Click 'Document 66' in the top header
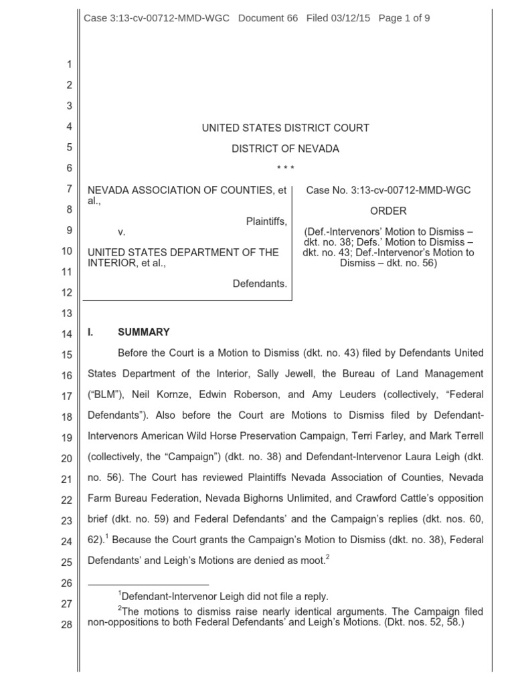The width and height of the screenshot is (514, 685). point(266,18)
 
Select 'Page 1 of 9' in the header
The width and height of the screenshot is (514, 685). point(404,18)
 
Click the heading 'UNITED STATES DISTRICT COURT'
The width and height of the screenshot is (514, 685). point(285,128)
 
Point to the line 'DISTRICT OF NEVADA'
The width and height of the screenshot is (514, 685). point(285,149)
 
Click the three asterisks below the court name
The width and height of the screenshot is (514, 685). point(285,168)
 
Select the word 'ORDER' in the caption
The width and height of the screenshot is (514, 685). point(388,211)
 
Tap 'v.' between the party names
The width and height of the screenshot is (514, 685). point(122,232)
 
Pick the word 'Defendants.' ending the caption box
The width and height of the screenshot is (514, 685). point(260,284)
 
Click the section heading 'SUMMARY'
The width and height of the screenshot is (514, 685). point(144,332)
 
